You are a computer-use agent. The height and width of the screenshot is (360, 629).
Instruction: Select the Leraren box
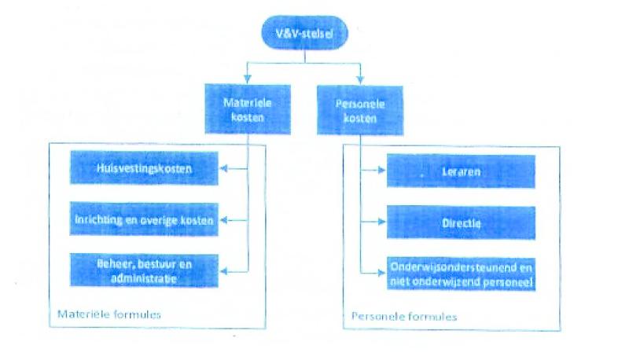461,171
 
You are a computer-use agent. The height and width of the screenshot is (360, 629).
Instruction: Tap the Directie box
461,222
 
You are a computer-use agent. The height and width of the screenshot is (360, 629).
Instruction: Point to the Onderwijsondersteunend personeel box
461,274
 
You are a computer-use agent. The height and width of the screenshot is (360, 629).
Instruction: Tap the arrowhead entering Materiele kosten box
248,79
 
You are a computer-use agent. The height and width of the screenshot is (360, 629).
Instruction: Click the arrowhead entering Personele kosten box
361,79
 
